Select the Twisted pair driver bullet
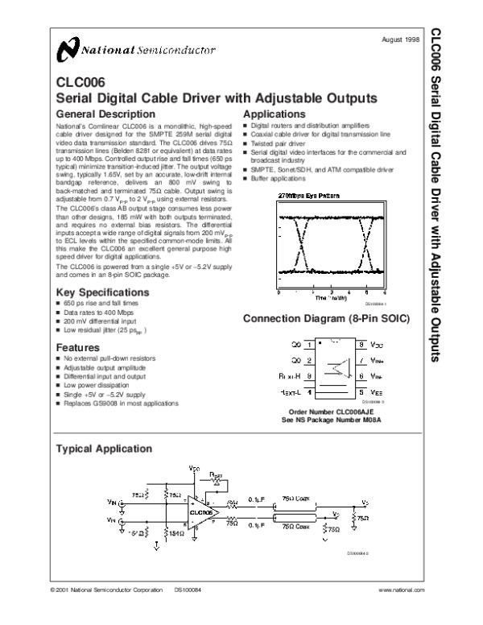tap(283, 143)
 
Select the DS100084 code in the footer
tap(187, 590)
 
